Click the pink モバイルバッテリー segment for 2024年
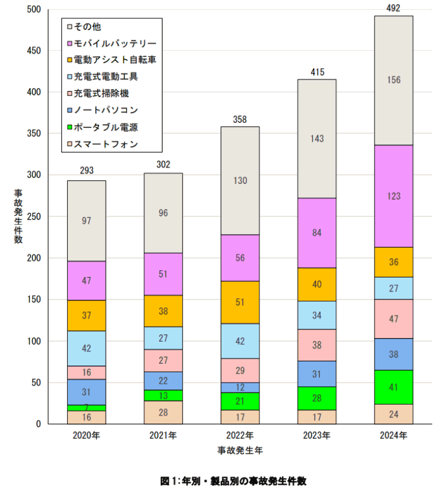394,196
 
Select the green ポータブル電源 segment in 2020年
86,408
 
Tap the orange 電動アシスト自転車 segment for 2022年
240,303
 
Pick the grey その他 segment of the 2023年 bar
317,139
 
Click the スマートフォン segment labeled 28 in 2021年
163,413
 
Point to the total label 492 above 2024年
394,8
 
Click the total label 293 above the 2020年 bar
86,171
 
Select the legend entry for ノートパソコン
106,110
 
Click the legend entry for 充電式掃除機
101,94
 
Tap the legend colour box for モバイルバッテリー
70,43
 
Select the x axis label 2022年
240,435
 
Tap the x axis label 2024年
394,435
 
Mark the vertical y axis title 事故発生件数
18,217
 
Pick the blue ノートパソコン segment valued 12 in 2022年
240,388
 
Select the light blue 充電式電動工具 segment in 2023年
317,315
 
